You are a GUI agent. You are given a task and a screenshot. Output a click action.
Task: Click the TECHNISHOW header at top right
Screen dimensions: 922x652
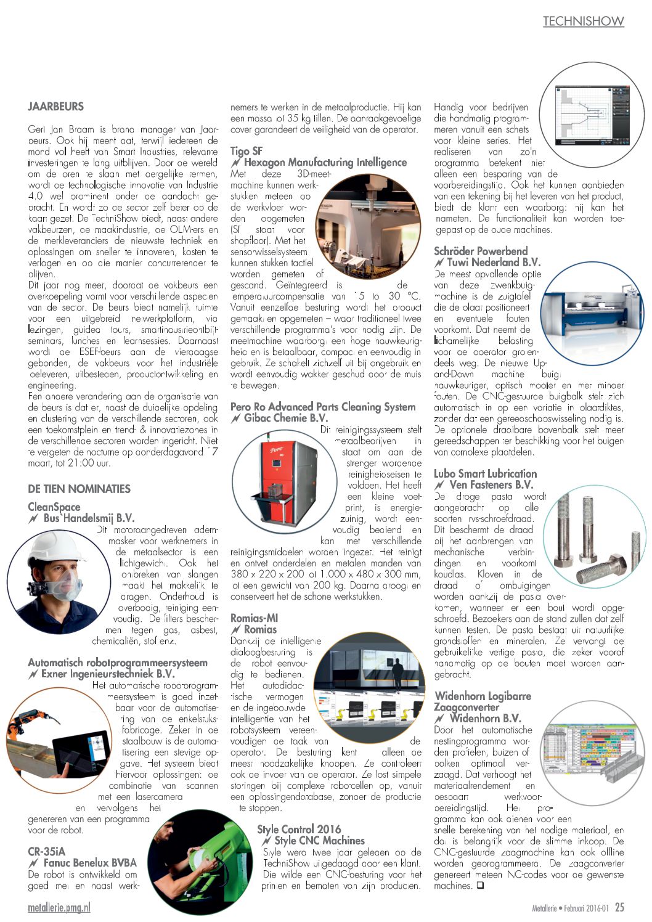(583, 22)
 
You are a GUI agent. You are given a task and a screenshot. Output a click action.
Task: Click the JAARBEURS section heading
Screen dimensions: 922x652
(55, 107)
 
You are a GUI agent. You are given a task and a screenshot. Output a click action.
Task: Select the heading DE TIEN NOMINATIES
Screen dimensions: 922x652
(79, 489)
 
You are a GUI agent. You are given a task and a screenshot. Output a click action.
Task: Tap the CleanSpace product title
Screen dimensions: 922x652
(54, 507)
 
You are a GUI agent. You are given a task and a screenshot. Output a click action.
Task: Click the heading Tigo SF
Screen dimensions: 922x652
(247, 151)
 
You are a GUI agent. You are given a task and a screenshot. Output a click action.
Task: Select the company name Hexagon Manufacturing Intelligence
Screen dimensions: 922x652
(325, 163)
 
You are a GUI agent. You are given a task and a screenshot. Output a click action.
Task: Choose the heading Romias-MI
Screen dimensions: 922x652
(254, 618)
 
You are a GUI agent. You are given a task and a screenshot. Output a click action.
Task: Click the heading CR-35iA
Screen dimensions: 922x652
(46, 852)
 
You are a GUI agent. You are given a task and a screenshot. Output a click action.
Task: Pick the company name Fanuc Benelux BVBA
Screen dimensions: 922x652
(89, 863)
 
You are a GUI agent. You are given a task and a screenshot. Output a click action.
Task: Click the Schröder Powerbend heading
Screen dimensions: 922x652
(481, 251)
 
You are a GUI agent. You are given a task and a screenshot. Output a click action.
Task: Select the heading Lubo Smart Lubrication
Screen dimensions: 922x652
(485, 474)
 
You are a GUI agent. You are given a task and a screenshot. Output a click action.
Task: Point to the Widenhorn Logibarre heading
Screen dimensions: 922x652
(483, 696)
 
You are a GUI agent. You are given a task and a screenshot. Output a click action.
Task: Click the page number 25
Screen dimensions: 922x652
(619, 907)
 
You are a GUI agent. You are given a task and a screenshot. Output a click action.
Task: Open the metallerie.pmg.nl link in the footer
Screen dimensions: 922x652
(59, 908)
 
